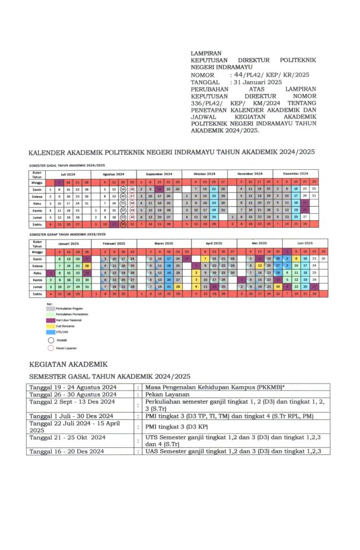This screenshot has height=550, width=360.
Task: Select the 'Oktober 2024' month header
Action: (x=205, y=174)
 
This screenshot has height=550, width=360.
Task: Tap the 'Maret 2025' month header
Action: (x=160, y=243)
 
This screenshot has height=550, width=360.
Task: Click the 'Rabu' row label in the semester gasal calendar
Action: (x=37, y=203)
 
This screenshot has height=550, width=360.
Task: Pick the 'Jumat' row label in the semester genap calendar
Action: (x=37, y=287)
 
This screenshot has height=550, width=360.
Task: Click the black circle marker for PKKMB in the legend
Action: (x=51, y=339)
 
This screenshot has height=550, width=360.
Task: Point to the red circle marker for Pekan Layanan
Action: (x=51, y=348)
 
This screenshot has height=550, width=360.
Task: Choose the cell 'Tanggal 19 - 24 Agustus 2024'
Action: (x=73, y=387)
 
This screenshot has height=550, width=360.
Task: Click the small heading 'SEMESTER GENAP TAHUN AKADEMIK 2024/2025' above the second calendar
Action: (x=67, y=235)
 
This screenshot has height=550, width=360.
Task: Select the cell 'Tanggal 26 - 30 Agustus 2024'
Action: (x=73, y=394)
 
